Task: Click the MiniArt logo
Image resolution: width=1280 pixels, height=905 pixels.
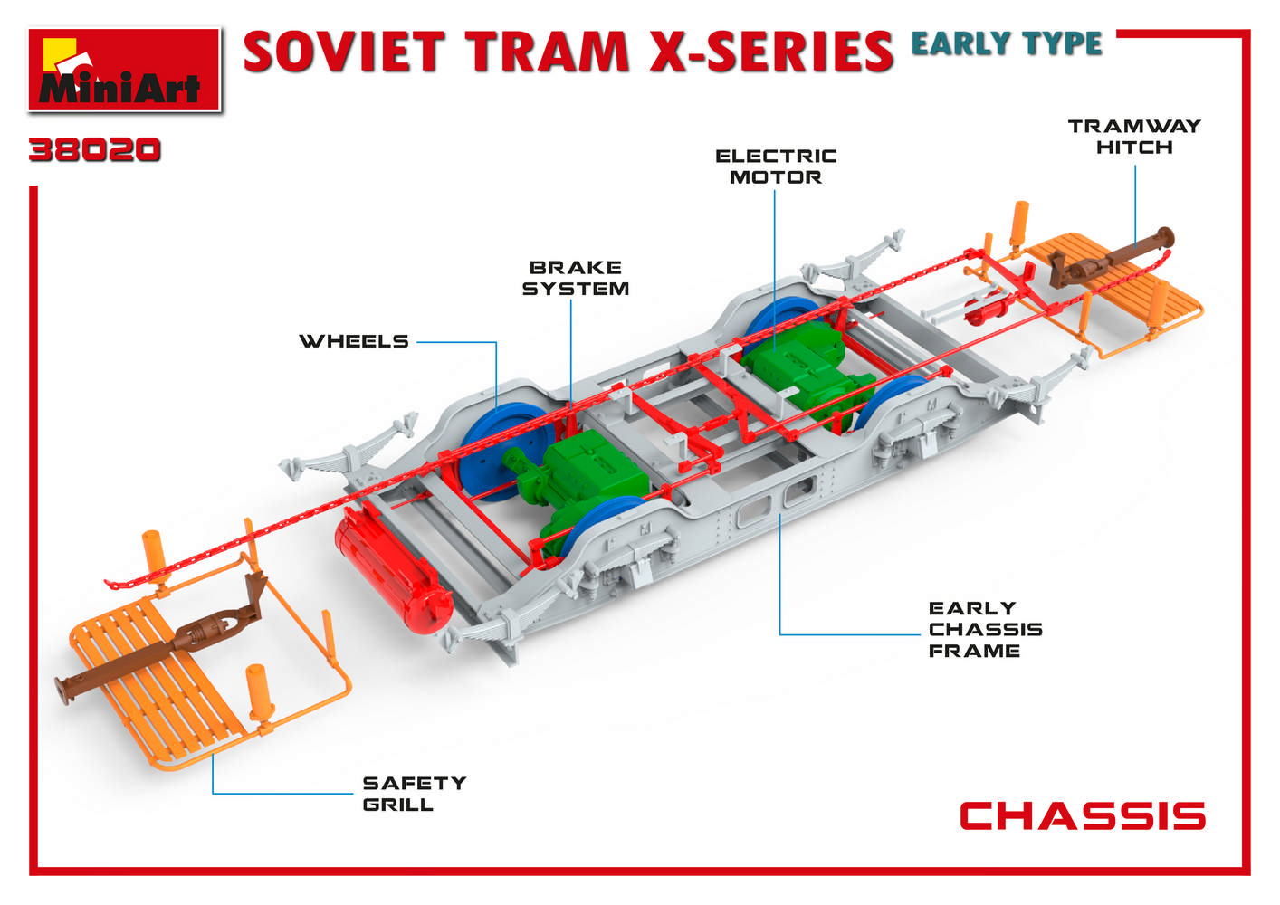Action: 124,71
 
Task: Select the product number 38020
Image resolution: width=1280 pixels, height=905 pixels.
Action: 94,150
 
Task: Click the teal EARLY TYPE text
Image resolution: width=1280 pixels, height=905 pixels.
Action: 1006,43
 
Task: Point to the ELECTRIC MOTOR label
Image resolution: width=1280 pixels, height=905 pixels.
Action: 776,167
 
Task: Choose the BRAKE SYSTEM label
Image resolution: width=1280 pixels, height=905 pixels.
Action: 576,278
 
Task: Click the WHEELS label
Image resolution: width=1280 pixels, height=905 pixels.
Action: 354,341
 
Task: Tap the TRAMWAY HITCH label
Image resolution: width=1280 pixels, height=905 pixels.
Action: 1134,137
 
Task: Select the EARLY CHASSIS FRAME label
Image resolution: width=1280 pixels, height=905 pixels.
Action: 985,629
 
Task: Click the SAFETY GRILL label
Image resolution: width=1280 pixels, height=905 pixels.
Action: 414,793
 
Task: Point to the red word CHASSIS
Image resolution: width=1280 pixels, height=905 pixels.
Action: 1082,816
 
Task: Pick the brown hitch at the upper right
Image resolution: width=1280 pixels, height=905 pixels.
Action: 1113,258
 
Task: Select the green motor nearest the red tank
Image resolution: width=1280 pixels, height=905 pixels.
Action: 577,481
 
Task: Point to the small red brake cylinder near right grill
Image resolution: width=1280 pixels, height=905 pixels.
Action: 987,312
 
